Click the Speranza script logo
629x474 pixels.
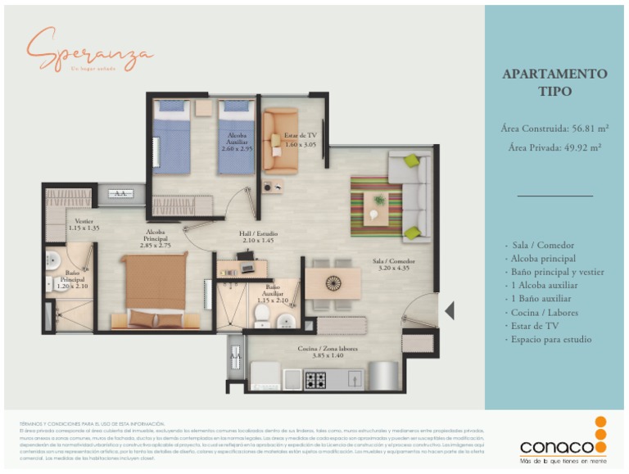tap(90, 50)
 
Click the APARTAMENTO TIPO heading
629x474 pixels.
tap(554, 82)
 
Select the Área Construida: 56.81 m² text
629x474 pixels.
tap(554, 129)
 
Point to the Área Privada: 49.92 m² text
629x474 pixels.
tap(554, 147)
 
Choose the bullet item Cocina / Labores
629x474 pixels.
tap(545, 312)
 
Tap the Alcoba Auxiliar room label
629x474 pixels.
tap(238, 142)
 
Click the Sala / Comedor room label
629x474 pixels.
tap(394, 264)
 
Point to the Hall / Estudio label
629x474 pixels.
tap(256, 236)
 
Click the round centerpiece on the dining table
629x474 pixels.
tap(333, 283)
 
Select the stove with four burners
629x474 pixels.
tap(315, 380)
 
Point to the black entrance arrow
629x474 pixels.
tap(448, 311)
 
